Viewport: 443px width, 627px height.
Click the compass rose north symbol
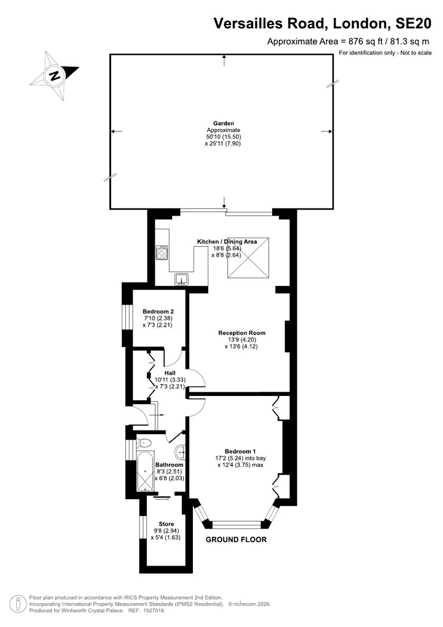pyautogui.click(x=54, y=76)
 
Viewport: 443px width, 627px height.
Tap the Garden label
pyautogui.click(x=223, y=124)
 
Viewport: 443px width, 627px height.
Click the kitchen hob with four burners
pyautogui.click(x=162, y=253)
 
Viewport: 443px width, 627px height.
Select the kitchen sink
pyautogui.click(x=182, y=279)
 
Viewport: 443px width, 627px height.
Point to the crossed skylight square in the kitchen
pyautogui.click(x=248, y=258)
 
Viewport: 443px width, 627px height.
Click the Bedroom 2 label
pyautogui.click(x=158, y=312)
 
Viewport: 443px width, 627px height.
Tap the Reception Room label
pyautogui.click(x=242, y=333)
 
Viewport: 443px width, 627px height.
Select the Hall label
pyautogui.click(x=170, y=373)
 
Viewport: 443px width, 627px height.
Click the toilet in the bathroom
pyautogui.click(x=144, y=443)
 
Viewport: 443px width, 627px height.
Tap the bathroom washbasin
pyautogui.click(x=180, y=452)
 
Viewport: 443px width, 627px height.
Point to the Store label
pyautogui.click(x=167, y=524)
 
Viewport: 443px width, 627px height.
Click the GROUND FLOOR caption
pyautogui.click(x=236, y=540)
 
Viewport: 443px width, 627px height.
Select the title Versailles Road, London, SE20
pyautogui.click(x=322, y=24)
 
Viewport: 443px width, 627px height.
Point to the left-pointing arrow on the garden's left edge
pyautogui.click(x=116, y=131)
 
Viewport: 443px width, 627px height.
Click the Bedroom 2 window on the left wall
pyautogui.click(x=127, y=318)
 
